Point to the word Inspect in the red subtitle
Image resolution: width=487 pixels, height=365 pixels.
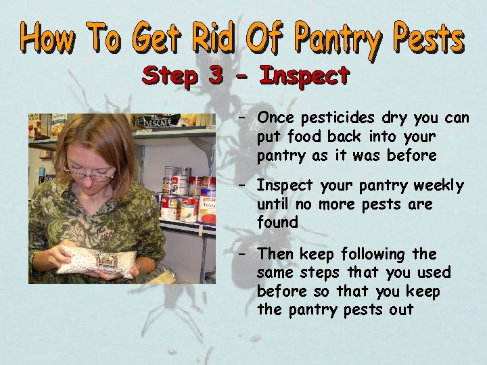tap(304, 76)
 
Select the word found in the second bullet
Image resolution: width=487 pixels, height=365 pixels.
tap(277, 222)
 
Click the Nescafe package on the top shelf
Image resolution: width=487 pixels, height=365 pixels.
tap(156, 122)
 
